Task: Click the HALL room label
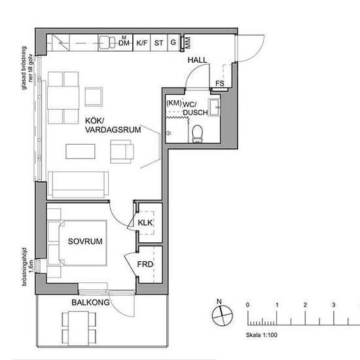tap(197, 60)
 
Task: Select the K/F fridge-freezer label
tap(141, 44)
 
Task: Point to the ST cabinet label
tap(158, 44)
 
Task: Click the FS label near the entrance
tap(220, 84)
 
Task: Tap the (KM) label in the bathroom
tap(174, 103)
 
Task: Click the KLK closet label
tap(145, 223)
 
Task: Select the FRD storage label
tap(145, 264)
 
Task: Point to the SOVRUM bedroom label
tap(85, 242)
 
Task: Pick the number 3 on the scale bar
tap(333, 305)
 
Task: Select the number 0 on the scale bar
tap(247, 305)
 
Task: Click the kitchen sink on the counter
tap(107, 44)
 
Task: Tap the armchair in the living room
tap(122, 153)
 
